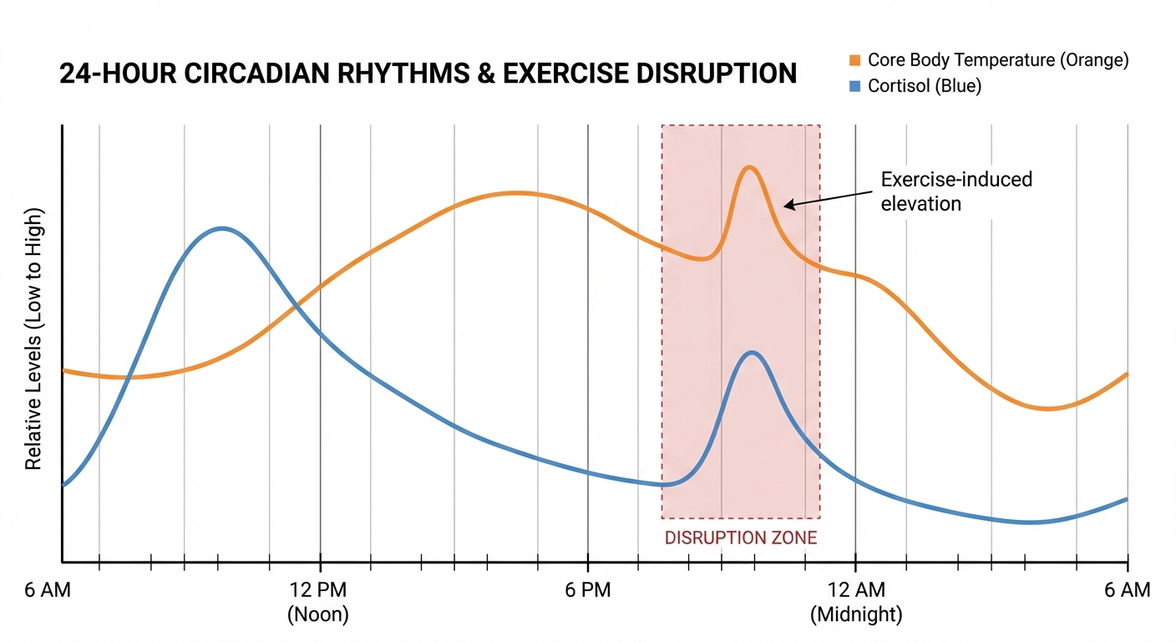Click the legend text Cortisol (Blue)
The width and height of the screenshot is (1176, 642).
[925, 86]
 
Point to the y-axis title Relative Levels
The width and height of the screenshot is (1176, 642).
[33, 339]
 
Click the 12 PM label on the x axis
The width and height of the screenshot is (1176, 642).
[317, 590]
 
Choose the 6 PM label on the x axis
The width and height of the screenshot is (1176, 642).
[587, 590]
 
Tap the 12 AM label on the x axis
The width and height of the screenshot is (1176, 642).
[855, 590]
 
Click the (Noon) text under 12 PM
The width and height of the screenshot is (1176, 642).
[317, 615]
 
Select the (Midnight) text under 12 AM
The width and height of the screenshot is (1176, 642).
[856, 615]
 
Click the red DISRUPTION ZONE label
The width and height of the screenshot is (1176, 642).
[740, 538]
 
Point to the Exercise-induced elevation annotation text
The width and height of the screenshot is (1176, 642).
[956, 191]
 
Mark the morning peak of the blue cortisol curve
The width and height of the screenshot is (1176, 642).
[220, 227]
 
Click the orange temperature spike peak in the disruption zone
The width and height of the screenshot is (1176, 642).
[749, 167]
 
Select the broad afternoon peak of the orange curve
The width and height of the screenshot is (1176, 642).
[515, 193]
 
